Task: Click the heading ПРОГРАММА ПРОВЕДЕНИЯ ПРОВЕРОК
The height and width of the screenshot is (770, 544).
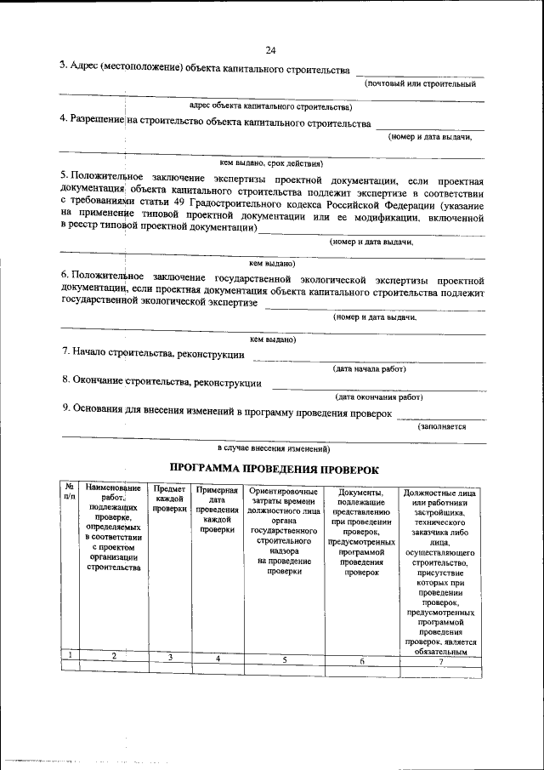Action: [271, 468]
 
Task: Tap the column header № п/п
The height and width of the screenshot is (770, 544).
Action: [70, 491]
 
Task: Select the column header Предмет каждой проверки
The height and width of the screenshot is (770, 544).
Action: [170, 499]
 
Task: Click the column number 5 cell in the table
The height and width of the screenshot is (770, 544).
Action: [285, 659]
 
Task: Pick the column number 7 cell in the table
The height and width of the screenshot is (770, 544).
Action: [440, 661]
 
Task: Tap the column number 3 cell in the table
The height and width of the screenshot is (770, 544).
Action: [170, 657]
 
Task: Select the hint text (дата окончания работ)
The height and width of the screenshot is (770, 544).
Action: [378, 396]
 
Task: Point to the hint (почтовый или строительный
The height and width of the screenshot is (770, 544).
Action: [420, 84]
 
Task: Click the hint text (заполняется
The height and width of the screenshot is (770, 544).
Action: [442, 427]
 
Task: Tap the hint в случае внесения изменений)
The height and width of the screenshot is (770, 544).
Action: [273, 448]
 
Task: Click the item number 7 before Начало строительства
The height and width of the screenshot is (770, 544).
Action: [65, 352]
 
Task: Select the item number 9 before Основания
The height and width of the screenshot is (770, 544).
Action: [65, 409]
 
